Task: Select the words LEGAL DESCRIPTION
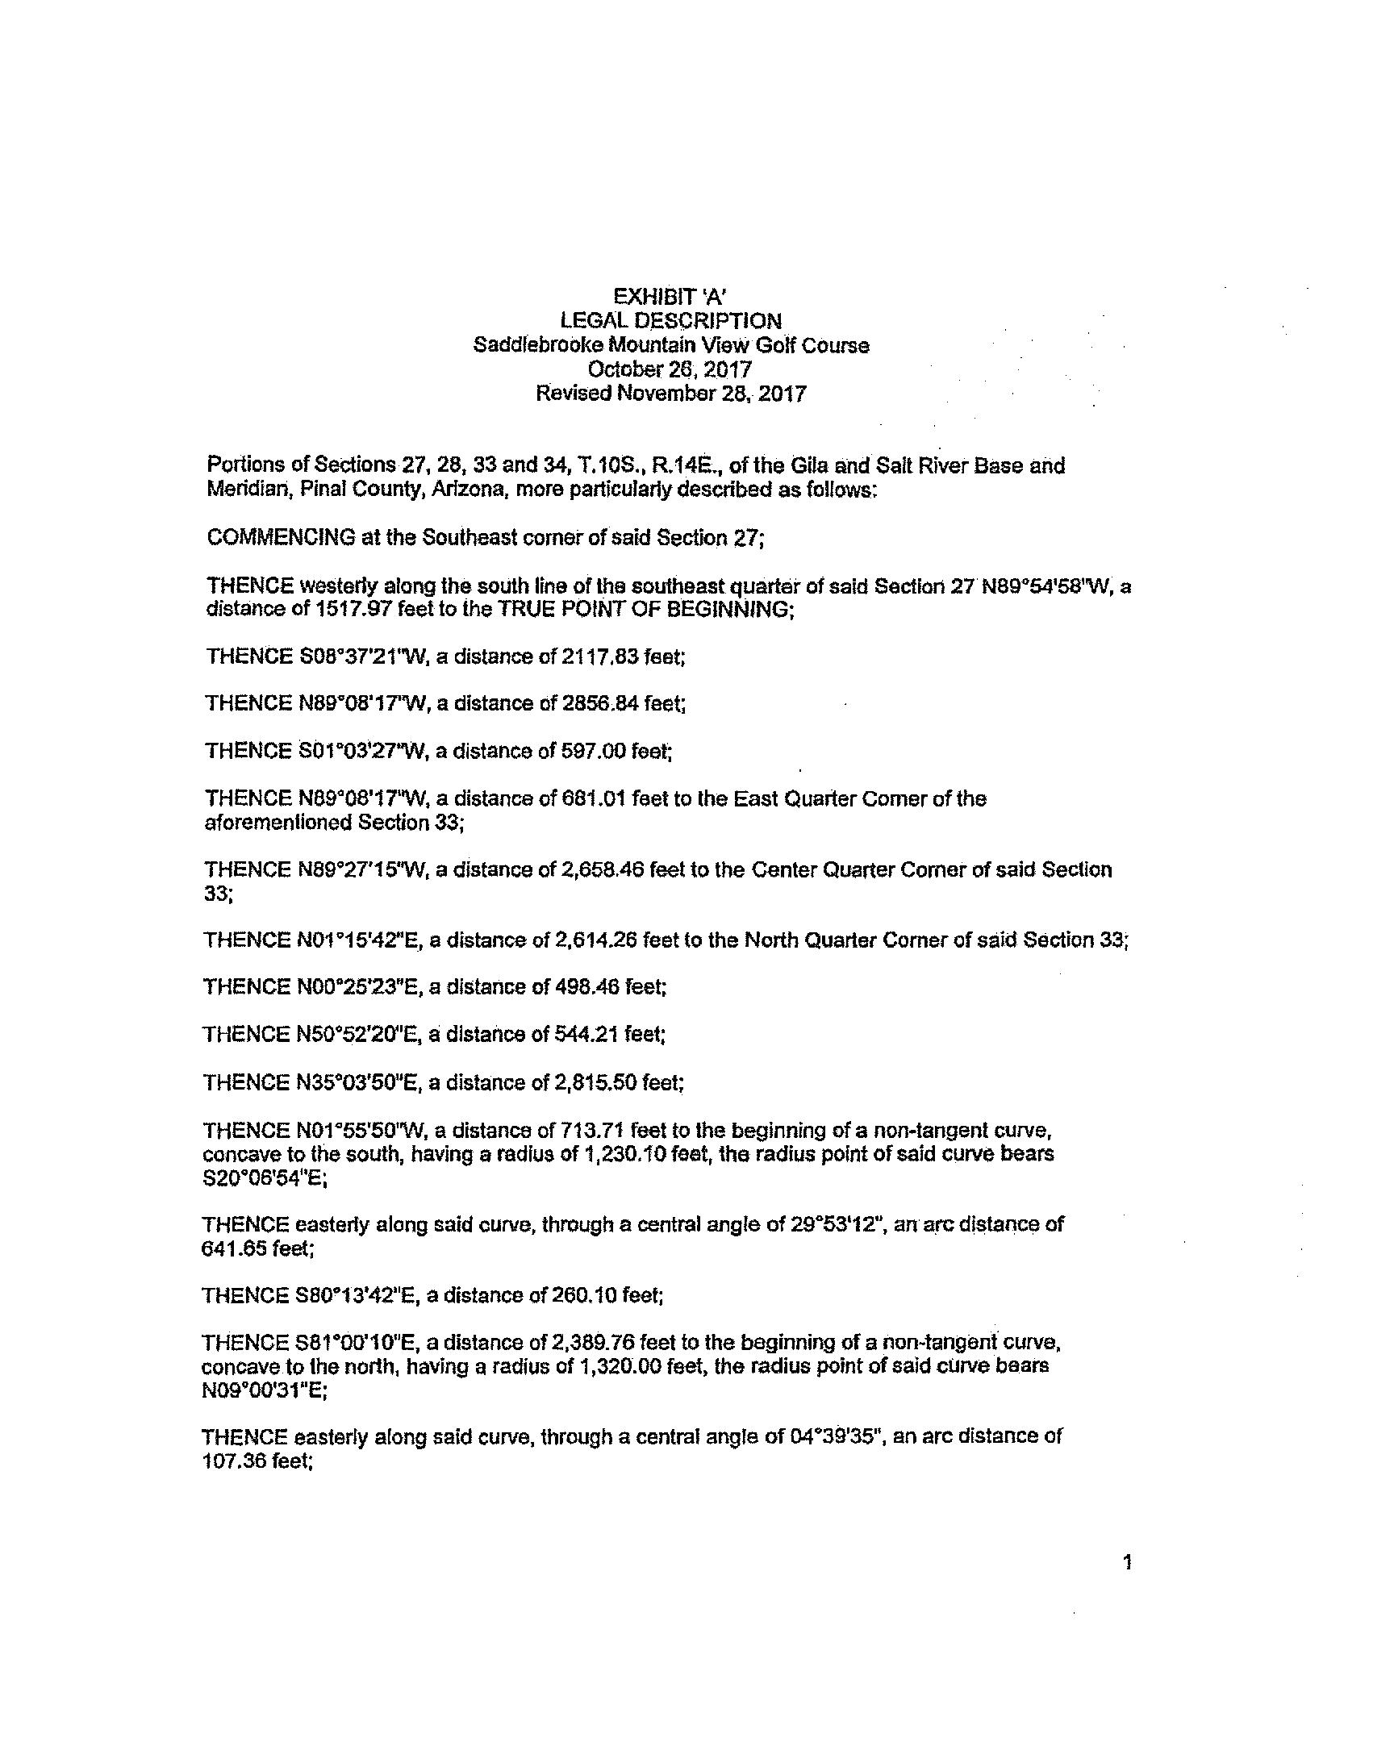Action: click(x=670, y=321)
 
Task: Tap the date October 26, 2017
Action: click(x=670, y=369)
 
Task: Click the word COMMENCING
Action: click(x=281, y=537)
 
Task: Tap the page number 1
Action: click(x=1127, y=1563)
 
